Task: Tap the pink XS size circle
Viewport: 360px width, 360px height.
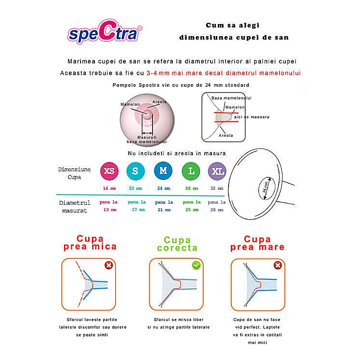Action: (109, 171)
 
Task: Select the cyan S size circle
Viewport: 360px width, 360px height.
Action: (135, 171)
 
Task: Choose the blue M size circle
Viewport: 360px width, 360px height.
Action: (163, 171)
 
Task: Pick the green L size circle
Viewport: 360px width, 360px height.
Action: (191, 171)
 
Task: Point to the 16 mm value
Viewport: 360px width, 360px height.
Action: (109, 189)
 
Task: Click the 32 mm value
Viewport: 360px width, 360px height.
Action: (217, 189)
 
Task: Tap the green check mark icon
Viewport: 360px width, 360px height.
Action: (196, 265)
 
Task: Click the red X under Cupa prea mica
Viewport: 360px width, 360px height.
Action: (108, 265)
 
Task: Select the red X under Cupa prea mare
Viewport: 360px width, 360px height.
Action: (278, 265)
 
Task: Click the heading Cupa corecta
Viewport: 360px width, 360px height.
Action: (177, 244)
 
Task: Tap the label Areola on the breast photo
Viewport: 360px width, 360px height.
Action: (159, 102)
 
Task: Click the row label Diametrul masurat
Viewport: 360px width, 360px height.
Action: (75, 206)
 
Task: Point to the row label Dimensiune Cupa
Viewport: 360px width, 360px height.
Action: (75, 172)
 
